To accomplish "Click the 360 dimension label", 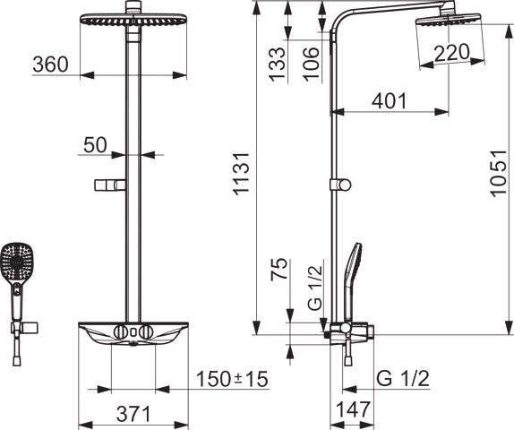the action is [50, 64].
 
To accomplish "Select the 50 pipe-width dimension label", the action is [95, 145].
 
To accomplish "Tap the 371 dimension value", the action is [133, 414].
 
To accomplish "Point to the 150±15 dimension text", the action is [232, 379].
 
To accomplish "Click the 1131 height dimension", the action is [241, 174].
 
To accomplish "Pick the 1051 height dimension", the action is [499, 174].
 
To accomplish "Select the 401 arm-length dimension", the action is [389, 101].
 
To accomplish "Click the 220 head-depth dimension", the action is [451, 53].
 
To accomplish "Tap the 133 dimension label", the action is [277, 64].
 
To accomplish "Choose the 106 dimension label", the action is [311, 64].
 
